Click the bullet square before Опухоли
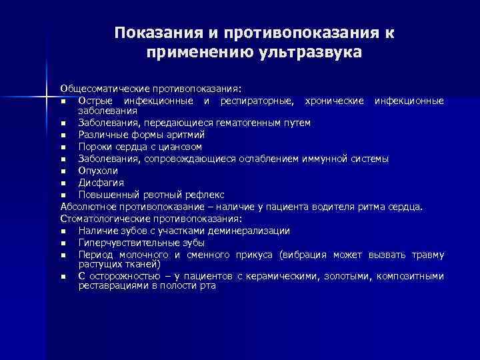[63, 171]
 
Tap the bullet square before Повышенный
[63, 195]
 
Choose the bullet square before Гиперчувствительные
[63, 243]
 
